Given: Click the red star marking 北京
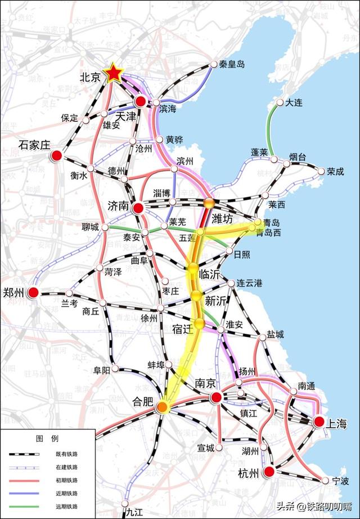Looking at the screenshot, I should pos(114,73).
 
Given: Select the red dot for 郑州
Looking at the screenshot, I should pos(33,293).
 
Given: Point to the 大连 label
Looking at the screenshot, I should pos(295,103).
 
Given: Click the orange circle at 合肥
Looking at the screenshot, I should pos(163,406).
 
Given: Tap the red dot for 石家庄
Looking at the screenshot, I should pos(56,156).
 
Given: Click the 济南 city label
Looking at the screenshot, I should pos(119,207).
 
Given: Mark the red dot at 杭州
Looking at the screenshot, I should pos(269,472).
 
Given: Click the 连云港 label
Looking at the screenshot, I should pos(249,283).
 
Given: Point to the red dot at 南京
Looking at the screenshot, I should pos(216,398).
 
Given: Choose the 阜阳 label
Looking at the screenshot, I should pos(102,371).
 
